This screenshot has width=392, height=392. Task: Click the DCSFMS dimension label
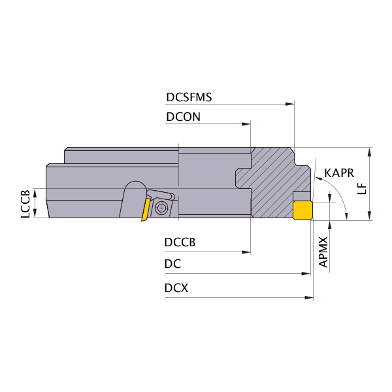tap(189, 97)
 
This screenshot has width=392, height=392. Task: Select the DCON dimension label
tap(183, 117)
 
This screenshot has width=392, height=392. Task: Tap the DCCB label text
tap(180, 242)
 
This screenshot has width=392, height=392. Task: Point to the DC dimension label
tap(172, 264)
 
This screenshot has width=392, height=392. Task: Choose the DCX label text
tap(176, 288)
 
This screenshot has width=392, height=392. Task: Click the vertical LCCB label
tap(25, 204)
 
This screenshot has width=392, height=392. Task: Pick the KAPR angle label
tap(339, 173)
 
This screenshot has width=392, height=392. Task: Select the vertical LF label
tap(362, 189)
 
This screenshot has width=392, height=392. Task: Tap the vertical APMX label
tap(323, 252)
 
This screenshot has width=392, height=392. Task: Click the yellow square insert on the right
tap(302, 210)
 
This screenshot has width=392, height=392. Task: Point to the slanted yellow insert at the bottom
tap(146, 209)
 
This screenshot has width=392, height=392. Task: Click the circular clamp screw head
tap(161, 208)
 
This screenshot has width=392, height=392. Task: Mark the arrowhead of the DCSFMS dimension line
tap(290, 104)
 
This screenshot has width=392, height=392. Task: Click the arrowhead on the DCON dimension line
tap(246, 123)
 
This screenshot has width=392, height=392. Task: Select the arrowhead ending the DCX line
tap(309, 297)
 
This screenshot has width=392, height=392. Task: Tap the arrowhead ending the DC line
tap(306, 274)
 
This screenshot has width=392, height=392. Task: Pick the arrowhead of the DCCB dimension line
tap(246, 252)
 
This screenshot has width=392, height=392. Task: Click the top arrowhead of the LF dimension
tap(370, 152)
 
